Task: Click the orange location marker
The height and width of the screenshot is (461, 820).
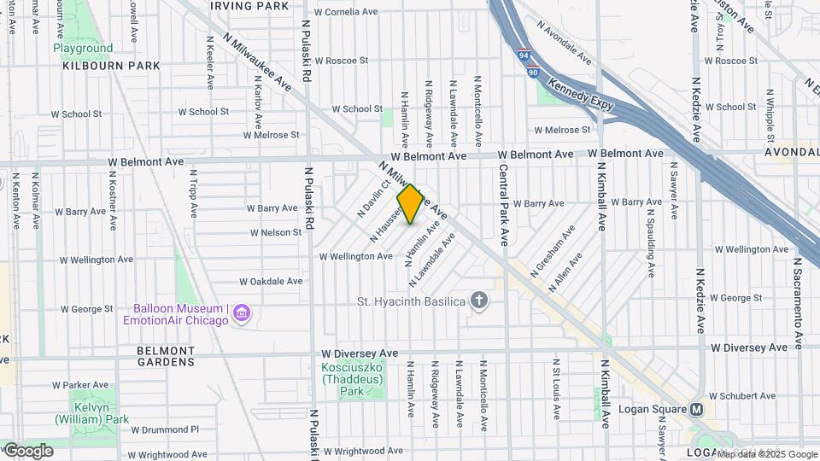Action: pos(410,204)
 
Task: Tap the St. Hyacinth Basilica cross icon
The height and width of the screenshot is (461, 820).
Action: pos(480,300)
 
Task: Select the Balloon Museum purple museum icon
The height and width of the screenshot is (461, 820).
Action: pos(242,314)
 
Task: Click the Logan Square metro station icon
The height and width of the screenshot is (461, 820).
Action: pos(697,409)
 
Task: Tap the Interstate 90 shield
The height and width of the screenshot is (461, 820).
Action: pos(532,72)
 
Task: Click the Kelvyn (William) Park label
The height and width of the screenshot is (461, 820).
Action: pos(91,413)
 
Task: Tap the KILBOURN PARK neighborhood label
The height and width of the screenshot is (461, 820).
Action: pos(111,66)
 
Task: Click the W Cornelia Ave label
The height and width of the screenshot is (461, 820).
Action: pos(346,13)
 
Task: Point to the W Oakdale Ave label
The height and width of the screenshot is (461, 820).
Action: pos(271,281)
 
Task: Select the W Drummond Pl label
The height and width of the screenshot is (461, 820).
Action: pos(166,429)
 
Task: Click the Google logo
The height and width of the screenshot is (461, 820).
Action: pos(27,450)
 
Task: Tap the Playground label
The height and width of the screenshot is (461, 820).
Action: pos(83,48)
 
